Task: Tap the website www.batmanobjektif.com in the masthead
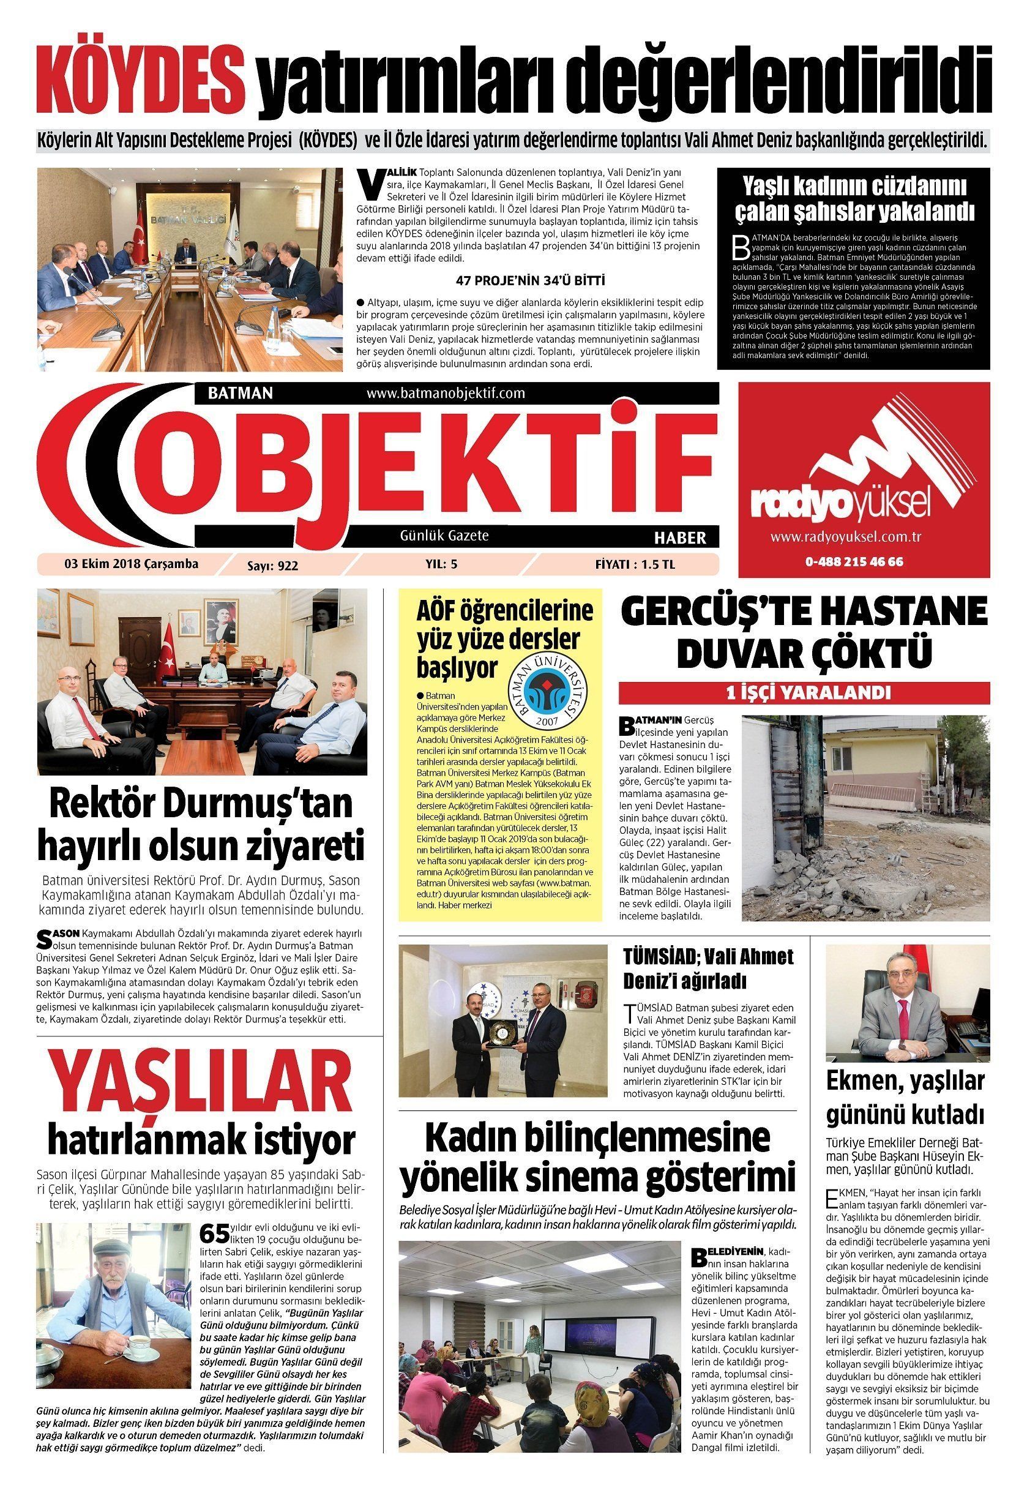(x=446, y=392)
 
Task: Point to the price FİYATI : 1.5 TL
(x=634, y=564)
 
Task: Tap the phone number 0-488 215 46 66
(x=853, y=561)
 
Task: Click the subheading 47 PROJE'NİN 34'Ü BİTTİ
(x=530, y=280)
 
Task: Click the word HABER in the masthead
(x=680, y=537)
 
